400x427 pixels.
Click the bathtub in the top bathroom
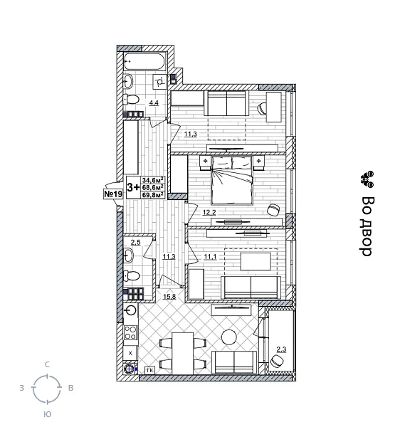pyautogui.click(x=144, y=61)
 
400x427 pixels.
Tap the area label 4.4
pyautogui.click(x=153, y=103)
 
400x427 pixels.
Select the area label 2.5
pyautogui.click(x=135, y=243)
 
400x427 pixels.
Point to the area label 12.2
pyautogui.click(x=209, y=212)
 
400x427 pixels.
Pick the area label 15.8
pyautogui.click(x=170, y=297)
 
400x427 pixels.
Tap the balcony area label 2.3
pyautogui.click(x=280, y=348)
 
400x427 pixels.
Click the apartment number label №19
pyautogui.click(x=113, y=194)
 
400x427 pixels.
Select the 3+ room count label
pyautogui.click(x=133, y=187)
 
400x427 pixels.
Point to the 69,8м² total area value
pyautogui.click(x=153, y=194)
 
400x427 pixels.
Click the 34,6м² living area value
pyautogui.click(x=153, y=180)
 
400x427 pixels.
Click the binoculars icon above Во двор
pyautogui.click(x=367, y=178)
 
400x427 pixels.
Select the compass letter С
pyautogui.click(x=47, y=364)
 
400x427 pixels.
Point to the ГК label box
pyautogui.click(x=150, y=370)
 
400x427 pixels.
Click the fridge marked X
pyautogui.click(x=130, y=352)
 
